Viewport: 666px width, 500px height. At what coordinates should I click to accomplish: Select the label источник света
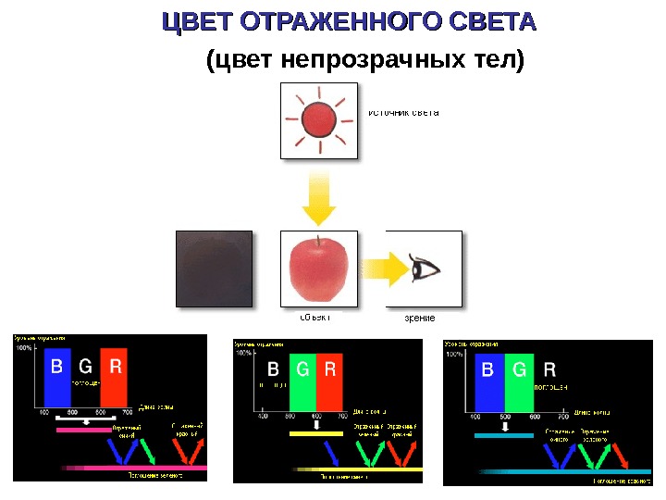point(403,113)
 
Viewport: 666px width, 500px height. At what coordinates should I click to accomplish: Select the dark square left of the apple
point(213,268)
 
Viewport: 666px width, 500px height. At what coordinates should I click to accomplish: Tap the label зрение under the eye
point(419,318)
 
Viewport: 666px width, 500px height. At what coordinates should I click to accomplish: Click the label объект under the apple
point(314,317)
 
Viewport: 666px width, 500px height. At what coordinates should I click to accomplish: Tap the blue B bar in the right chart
point(489,381)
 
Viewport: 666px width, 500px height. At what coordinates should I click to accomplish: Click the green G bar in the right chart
point(519,381)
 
